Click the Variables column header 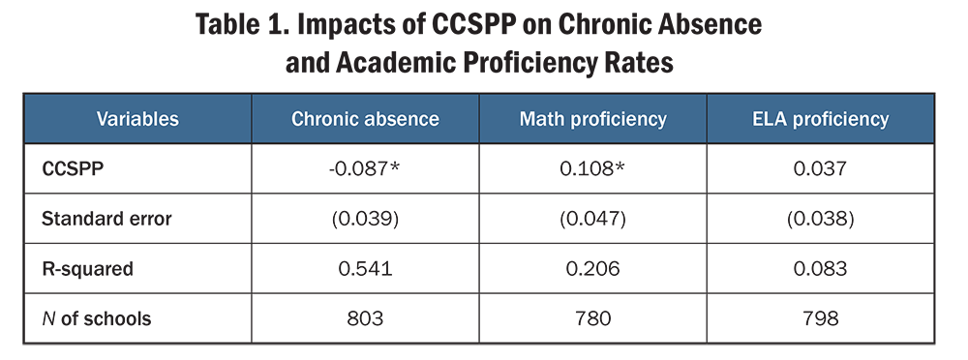click(x=137, y=120)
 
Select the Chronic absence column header click(x=365, y=120)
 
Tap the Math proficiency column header click(x=592, y=120)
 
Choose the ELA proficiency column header click(x=820, y=120)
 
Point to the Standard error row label click(x=106, y=219)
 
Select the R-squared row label click(x=86, y=268)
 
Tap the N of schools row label click(x=96, y=318)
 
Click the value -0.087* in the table click(x=366, y=169)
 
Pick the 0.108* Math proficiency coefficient click(x=593, y=169)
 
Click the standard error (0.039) click(x=366, y=219)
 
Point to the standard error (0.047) click(x=593, y=219)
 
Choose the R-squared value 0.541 click(x=366, y=268)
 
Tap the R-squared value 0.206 click(x=593, y=268)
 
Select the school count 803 click(x=366, y=318)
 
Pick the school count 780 click(x=593, y=318)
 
